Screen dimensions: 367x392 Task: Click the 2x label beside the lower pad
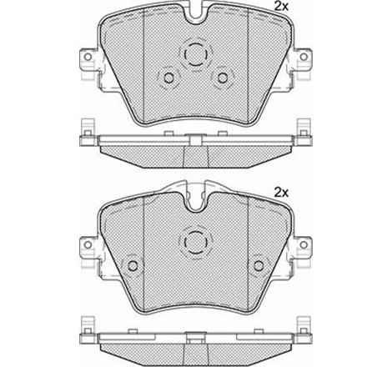coord(281,193)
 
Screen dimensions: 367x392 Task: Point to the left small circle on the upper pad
coord(168,78)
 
